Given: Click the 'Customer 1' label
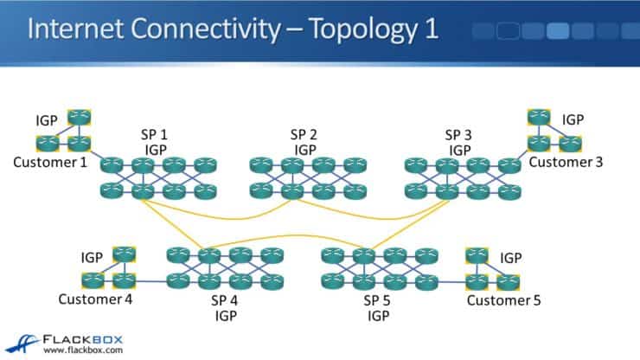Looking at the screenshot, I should click(x=50, y=163).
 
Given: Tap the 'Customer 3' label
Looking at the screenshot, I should click(x=566, y=162).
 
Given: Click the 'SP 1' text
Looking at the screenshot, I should click(x=154, y=135).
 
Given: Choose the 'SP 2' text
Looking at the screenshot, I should click(x=304, y=134).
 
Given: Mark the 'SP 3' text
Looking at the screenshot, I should click(x=458, y=134).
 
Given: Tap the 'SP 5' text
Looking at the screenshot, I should click(x=379, y=300).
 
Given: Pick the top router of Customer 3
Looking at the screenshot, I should click(x=539, y=116).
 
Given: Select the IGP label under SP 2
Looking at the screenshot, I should click(x=304, y=150).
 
